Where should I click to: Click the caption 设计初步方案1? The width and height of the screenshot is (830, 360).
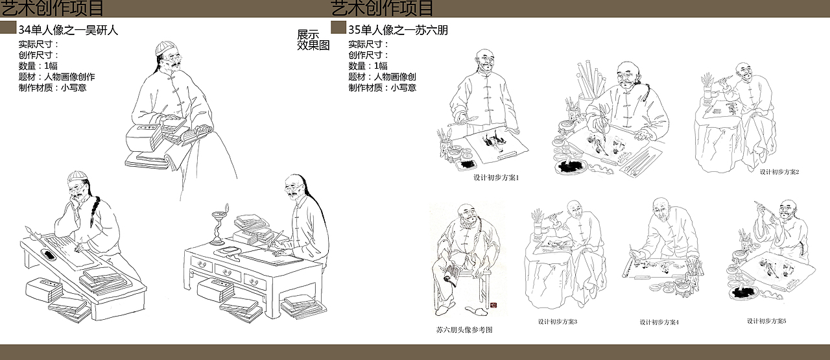tap(497, 178)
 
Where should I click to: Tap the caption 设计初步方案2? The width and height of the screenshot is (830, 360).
tap(779, 172)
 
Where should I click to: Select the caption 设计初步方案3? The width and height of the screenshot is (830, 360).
tap(557, 322)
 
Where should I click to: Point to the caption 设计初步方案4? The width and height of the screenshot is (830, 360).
tap(659, 322)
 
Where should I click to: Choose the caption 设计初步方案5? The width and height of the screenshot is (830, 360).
tap(766, 321)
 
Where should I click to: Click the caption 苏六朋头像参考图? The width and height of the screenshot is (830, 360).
tap(464, 330)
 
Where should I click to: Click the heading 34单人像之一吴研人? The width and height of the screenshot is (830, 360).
tap(68, 30)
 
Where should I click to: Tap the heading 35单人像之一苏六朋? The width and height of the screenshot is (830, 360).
tap(397, 30)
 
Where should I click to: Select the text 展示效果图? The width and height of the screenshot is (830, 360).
tap(313, 40)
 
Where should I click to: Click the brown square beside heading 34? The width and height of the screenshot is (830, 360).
tap(8, 27)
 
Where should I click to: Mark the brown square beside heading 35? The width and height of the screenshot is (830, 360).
tap(338, 27)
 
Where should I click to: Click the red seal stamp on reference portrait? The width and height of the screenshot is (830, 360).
tap(492, 304)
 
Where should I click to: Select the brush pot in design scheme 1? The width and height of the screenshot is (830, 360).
tap(444, 143)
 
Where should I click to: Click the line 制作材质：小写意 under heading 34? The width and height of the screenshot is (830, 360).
tap(53, 88)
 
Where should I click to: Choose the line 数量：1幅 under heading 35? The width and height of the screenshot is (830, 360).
tap(368, 66)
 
